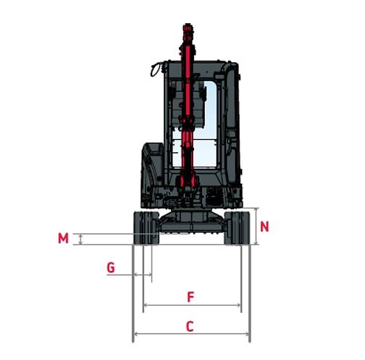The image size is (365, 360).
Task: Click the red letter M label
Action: [64, 238]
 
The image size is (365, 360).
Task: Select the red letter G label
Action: [110, 267]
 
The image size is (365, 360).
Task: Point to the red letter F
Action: [190, 297]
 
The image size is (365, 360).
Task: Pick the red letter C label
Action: [190, 327]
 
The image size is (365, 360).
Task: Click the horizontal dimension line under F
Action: [193, 306]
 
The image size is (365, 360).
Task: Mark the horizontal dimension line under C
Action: [192, 335]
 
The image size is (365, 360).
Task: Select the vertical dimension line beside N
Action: [256, 226]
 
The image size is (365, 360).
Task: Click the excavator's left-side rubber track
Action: [145, 228]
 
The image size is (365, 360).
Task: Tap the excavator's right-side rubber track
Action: [238, 228]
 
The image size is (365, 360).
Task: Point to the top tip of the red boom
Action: [188, 29]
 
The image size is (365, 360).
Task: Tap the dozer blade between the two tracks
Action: [192, 225]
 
